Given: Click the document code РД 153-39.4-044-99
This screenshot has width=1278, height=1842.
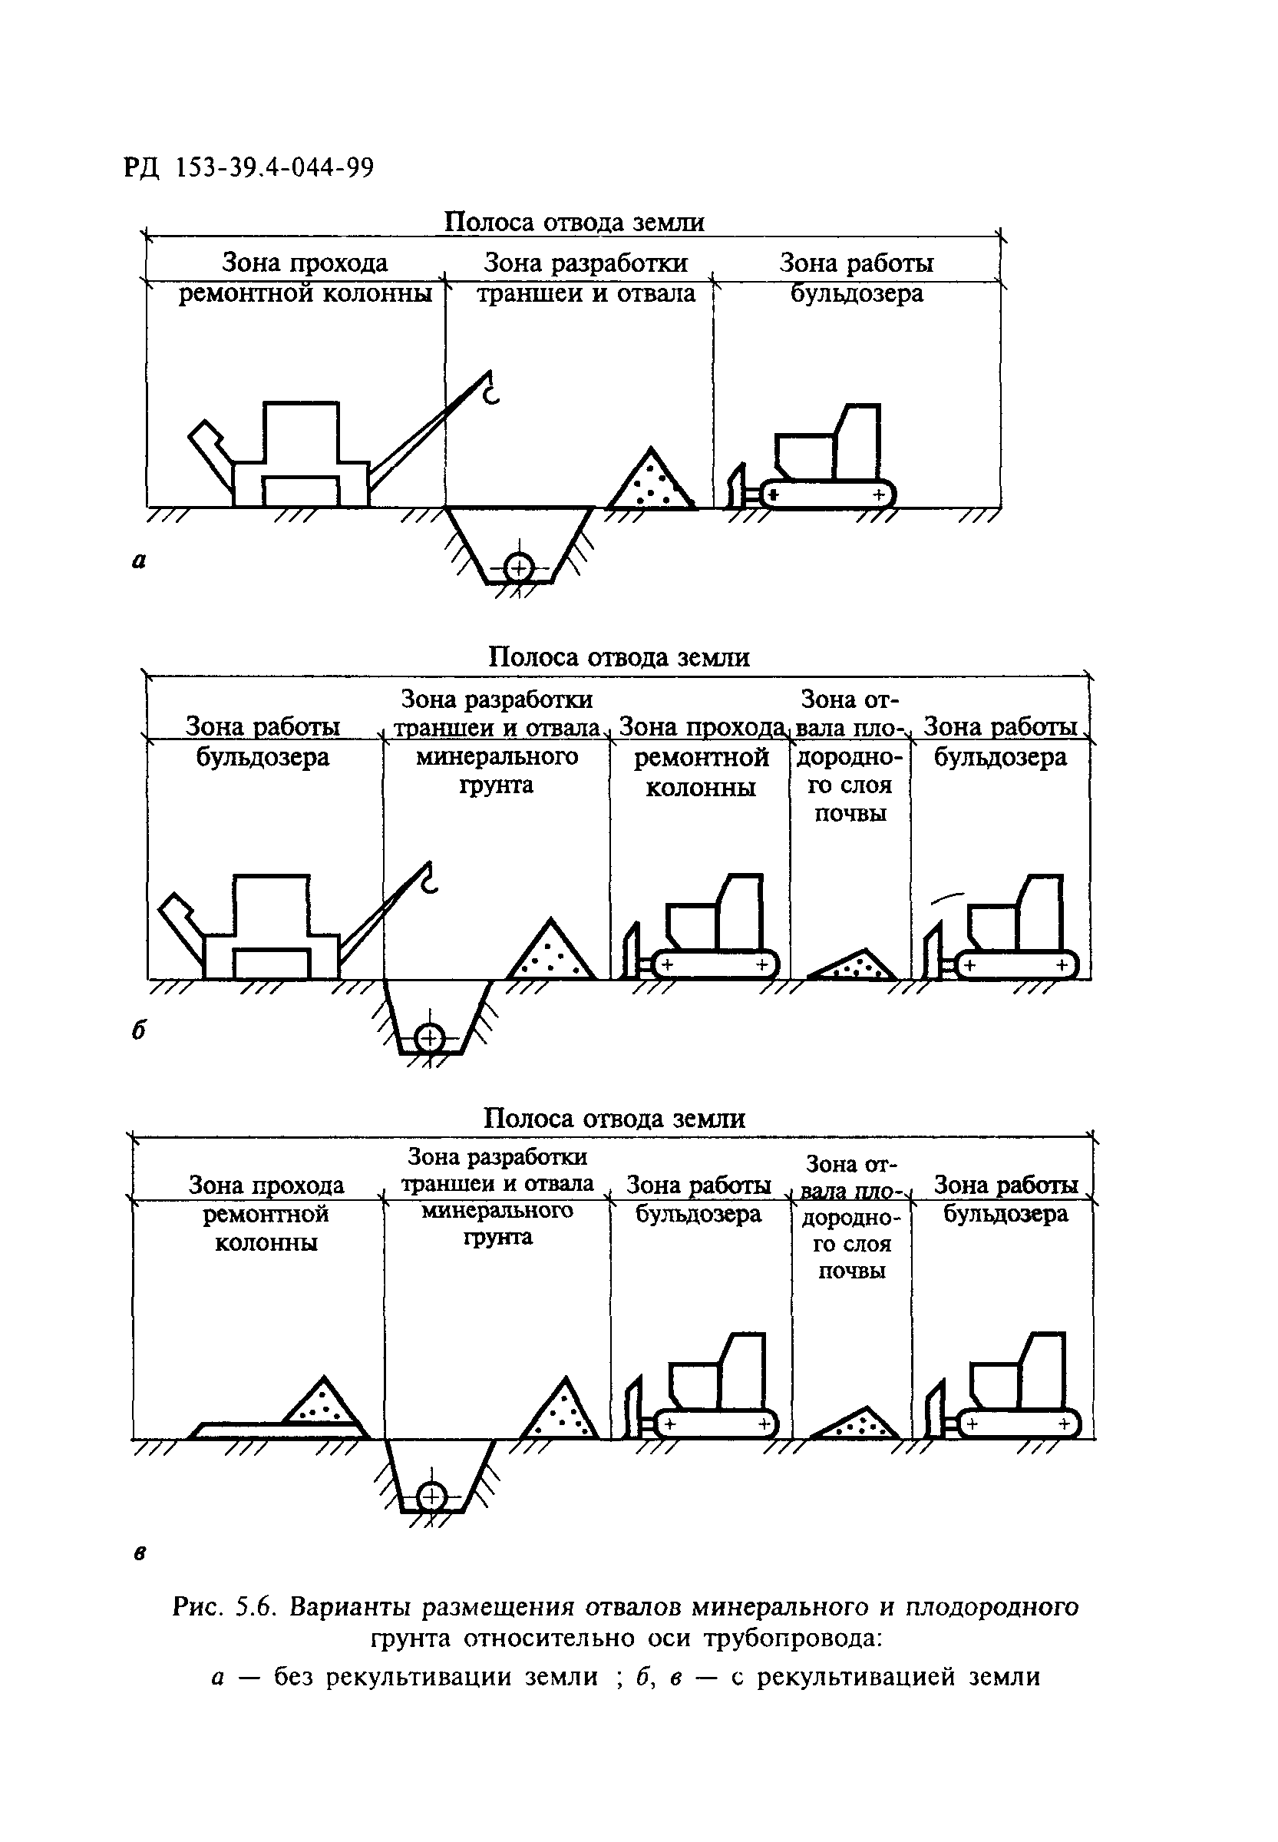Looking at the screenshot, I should tap(249, 167).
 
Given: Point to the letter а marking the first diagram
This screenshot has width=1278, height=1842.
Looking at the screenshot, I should tap(138, 561).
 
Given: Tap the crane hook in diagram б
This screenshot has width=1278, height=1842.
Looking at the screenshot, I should tap(429, 880).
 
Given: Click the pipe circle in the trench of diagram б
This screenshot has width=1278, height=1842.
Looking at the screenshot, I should tap(430, 1037).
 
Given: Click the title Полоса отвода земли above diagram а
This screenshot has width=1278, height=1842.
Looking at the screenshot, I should tap(574, 222).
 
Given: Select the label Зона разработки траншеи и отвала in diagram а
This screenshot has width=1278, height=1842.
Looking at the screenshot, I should tap(586, 278).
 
